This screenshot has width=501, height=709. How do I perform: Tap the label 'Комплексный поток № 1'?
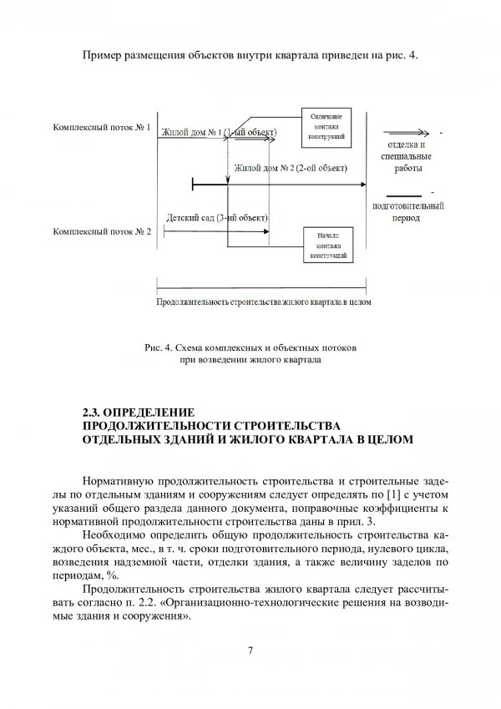click(101, 129)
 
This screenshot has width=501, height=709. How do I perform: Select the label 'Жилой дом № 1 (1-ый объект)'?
click(218, 133)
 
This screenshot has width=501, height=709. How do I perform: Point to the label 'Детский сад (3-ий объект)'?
click(217, 218)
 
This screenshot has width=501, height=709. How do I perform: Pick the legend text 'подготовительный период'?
click(407, 210)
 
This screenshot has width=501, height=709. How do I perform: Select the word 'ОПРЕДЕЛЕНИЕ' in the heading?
click(147, 412)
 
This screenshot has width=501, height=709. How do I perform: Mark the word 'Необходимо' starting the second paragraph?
click(117, 532)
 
